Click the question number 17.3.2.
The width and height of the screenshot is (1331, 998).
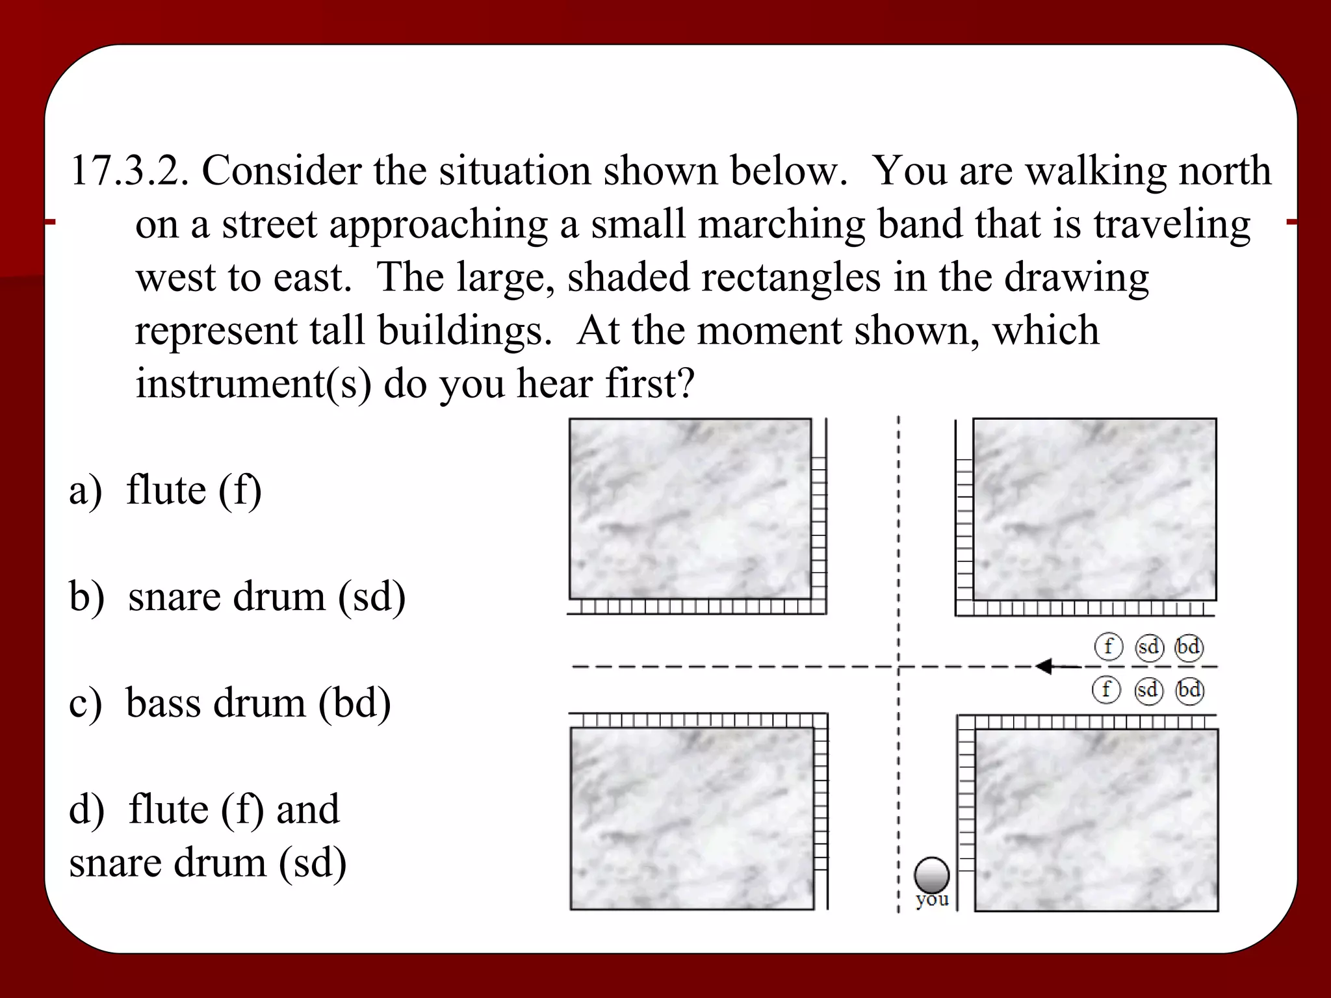tap(129, 171)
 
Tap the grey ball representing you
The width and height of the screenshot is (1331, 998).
tap(931, 875)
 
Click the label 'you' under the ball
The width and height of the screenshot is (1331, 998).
tap(932, 899)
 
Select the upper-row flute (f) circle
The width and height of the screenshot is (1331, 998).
tap(1109, 646)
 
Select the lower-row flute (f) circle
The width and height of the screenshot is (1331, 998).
tap(1106, 689)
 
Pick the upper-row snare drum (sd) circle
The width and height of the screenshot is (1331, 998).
tap(1149, 647)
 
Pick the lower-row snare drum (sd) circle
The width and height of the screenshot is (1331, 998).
tap(1148, 689)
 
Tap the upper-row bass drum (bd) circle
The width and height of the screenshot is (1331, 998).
tap(1189, 647)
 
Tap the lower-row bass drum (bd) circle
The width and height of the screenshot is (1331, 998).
tap(1190, 689)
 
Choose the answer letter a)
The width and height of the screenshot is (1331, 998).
tap(85, 491)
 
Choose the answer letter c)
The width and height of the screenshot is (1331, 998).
tap(84, 704)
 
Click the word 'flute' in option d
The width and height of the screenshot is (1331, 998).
tap(168, 809)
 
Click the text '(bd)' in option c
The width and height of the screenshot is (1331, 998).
tap(354, 704)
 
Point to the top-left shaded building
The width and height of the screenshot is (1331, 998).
tap(690, 509)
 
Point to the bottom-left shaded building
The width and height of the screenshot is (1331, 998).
tap(691, 819)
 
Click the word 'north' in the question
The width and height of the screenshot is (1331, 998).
tap(1224, 171)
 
